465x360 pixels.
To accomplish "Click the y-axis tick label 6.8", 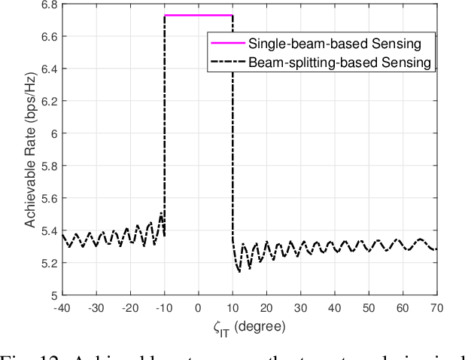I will pyautogui.click(x=47, y=5).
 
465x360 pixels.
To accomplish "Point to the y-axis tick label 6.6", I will pyautogui.click(x=47, y=36).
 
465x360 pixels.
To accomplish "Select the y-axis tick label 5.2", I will pyautogui.click(x=47, y=263).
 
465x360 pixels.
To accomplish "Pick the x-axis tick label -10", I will pyautogui.click(x=163, y=308).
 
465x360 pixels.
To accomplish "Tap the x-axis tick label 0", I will pyautogui.click(x=198, y=308).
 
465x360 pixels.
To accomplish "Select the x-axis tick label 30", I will pyautogui.click(x=299, y=308).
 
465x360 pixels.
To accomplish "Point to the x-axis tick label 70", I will pyautogui.click(x=436, y=308).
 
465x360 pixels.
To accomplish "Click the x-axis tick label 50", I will pyautogui.click(x=368, y=308).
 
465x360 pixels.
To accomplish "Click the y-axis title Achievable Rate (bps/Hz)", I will pyautogui.click(x=23, y=149).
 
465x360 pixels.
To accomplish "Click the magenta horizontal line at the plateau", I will pyautogui.click(x=199, y=15).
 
